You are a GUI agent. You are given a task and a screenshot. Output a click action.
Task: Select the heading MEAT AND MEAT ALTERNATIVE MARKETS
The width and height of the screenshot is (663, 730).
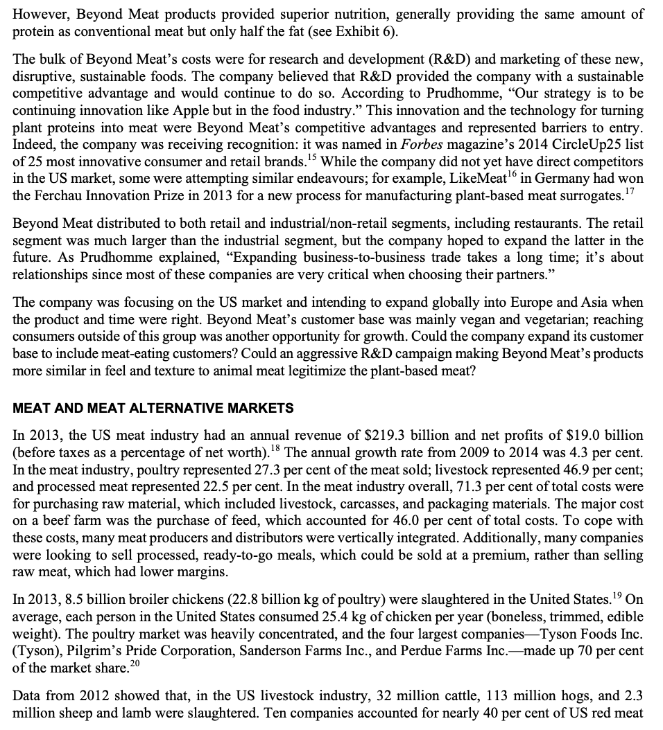[x=153, y=409]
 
